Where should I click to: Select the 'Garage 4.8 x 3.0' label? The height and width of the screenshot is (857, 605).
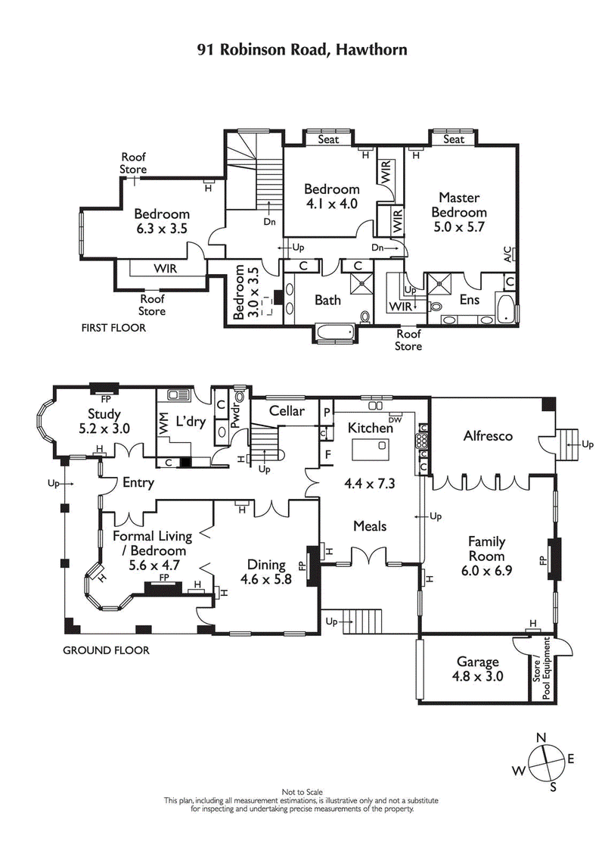(477, 669)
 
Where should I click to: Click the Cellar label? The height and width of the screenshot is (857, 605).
(287, 411)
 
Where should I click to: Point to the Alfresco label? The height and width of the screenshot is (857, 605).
(488, 436)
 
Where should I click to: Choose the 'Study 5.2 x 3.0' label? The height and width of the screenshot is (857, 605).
(104, 421)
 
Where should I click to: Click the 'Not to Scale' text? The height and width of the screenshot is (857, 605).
(302, 791)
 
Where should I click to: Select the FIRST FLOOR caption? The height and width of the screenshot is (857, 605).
(113, 329)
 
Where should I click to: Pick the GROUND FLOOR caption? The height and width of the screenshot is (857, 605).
(106, 650)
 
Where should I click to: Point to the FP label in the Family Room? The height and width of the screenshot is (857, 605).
(541, 561)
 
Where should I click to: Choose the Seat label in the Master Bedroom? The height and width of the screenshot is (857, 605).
(454, 139)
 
